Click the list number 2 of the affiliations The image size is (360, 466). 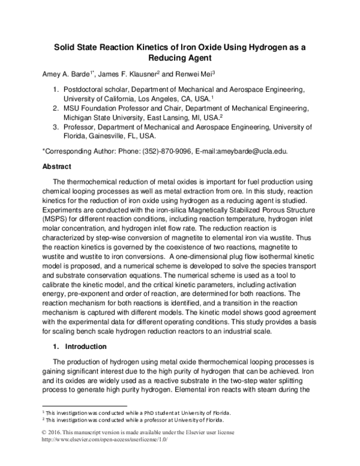coord(56,109)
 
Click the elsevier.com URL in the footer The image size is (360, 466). coord(105,440)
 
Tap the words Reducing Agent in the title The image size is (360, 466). coord(179,59)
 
